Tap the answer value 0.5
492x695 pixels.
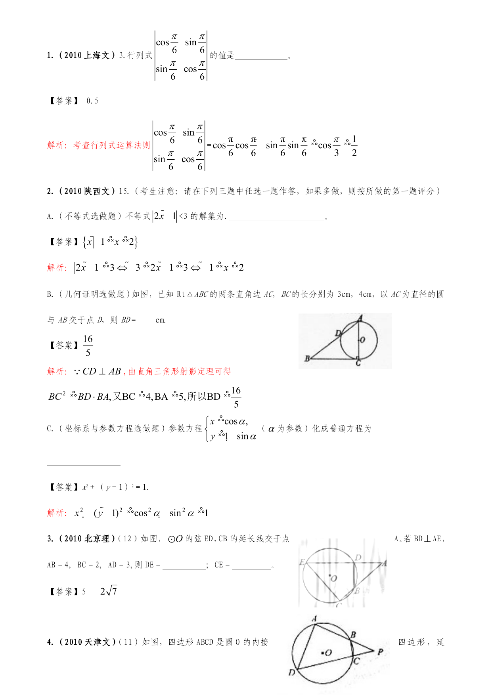(x=92, y=101)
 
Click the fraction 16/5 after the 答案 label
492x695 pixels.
(x=88, y=346)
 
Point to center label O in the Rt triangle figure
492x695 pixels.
(x=362, y=340)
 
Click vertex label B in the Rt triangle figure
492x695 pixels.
(x=307, y=359)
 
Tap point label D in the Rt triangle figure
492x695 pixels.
(x=338, y=333)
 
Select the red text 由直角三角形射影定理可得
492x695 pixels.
(x=180, y=372)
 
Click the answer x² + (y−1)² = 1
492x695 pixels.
(x=116, y=487)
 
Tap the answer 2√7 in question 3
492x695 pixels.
(x=109, y=591)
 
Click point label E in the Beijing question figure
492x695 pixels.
(x=302, y=562)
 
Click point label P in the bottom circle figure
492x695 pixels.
(x=380, y=652)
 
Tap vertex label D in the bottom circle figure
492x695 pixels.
(x=292, y=673)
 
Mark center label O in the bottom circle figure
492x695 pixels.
(x=328, y=653)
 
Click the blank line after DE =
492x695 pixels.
(x=184, y=566)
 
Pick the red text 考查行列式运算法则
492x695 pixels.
(x=111, y=145)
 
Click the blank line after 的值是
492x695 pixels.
(x=261, y=56)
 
